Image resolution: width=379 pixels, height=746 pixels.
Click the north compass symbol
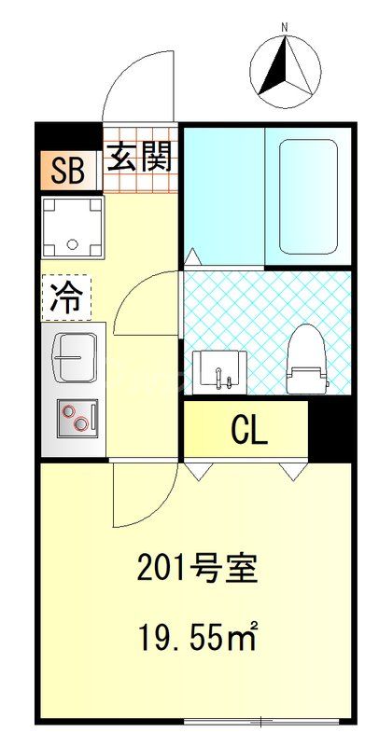(x=286, y=71)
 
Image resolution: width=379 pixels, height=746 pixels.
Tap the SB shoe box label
(x=67, y=171)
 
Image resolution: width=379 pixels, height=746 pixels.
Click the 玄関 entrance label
(x=141, y=159)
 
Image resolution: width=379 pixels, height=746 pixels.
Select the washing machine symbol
(x=72, y=226)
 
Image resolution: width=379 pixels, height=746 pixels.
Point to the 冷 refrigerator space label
(x=65, y=297)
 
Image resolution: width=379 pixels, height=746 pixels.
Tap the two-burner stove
(x=77, y=417)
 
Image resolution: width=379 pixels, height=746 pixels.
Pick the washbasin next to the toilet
(x=221, y=371)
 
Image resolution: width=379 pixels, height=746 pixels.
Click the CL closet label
(x=249, y=430)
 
